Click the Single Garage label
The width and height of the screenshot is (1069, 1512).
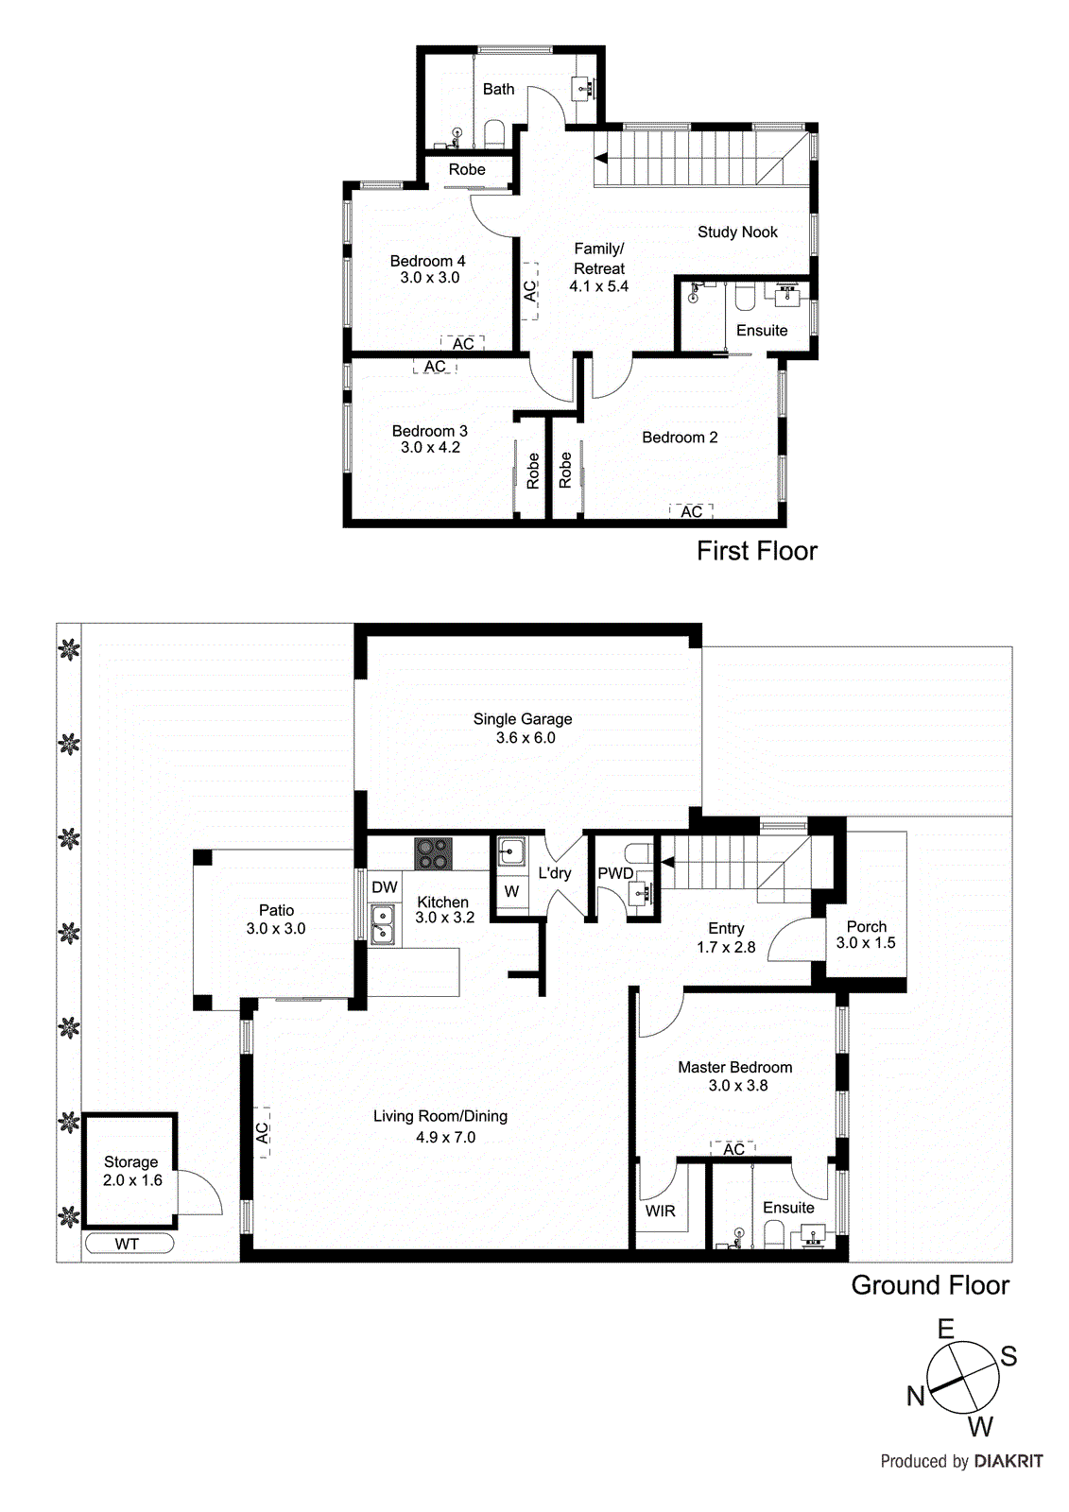click(522, 719)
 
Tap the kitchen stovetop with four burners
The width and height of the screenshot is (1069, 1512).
click(434, 854)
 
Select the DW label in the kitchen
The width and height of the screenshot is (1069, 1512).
click(384, 887)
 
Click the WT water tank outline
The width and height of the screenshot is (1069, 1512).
click(129, 1244)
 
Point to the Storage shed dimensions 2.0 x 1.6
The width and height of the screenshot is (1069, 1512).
click(132, 1180)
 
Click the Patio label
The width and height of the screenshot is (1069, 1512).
click(276, 910)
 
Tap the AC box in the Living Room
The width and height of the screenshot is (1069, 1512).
click(262, 1132)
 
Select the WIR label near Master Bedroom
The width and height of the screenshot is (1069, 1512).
click(660, 1211)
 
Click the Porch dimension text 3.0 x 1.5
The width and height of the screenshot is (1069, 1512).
click(866, 943)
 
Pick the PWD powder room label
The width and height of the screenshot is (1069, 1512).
click(614, 873)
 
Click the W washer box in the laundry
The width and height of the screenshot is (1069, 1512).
click(511, 891)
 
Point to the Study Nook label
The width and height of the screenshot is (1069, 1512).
click(737, 232)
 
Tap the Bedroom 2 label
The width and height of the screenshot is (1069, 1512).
click(680, 438)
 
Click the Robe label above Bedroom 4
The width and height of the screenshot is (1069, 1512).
click(467, 170)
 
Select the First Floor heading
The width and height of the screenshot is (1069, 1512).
click(756, 551)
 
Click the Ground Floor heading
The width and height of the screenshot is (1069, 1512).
click(930, 1285)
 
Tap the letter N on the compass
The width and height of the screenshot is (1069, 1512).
click(915, 1396)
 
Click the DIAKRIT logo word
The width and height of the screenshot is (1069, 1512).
click(1008, 1461)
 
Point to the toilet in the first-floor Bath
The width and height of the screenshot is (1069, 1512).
click(494, 133)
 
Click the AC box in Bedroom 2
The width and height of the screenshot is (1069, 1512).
click(691, 511)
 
